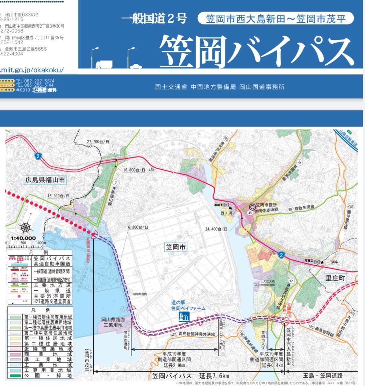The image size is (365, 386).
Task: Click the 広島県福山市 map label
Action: [45, 181]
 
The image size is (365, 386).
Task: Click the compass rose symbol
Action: [26, 228]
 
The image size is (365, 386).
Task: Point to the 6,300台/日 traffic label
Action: [138, 227]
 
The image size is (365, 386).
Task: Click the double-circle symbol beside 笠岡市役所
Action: [251, 207]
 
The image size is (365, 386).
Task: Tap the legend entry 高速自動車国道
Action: [53, 265]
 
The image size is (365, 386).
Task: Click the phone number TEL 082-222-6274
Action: [35, 81]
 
